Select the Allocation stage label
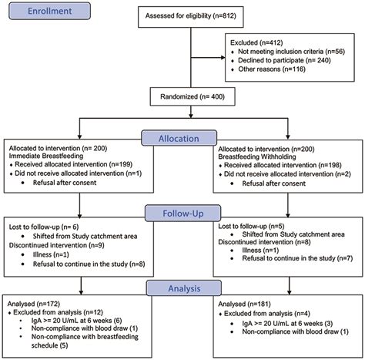(x=183, y=136)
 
